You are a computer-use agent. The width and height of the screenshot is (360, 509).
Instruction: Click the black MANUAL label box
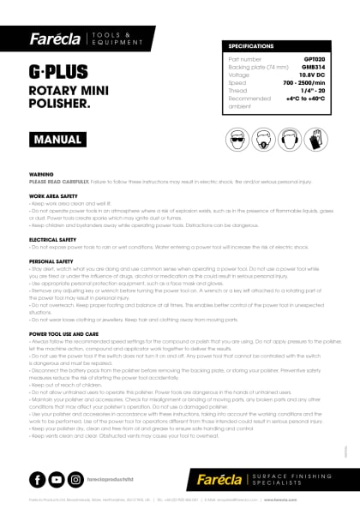57,139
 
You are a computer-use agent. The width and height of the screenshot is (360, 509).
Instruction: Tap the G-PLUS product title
56,69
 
